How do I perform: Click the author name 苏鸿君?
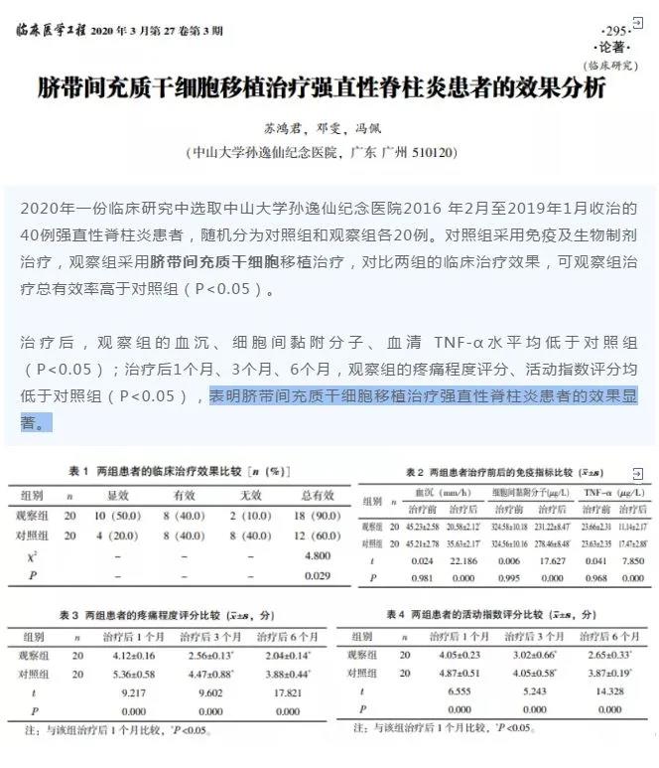coord(281,129)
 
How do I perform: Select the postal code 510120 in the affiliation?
coord(427,154)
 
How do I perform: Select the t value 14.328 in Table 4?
coord(606,691)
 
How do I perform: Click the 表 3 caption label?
coord(80,610)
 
